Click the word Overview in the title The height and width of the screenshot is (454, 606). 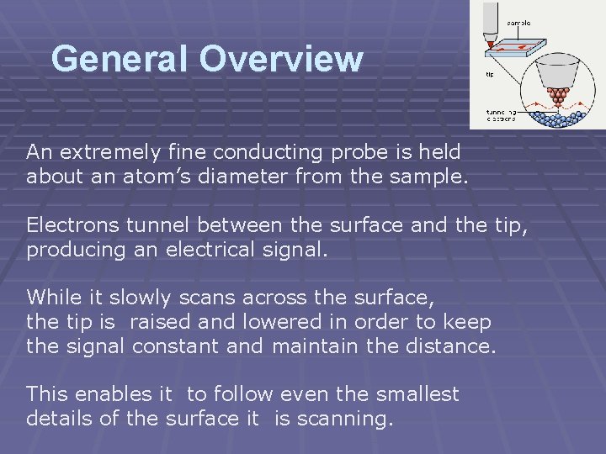click(x=281, y=59)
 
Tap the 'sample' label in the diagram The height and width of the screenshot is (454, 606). click(x=517, y=23)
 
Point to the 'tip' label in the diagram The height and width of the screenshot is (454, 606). click(x=490, y=75)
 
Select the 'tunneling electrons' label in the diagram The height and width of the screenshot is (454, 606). click(x=501, y=114)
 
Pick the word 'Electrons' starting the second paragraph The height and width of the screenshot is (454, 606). click(x=68, y=224)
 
